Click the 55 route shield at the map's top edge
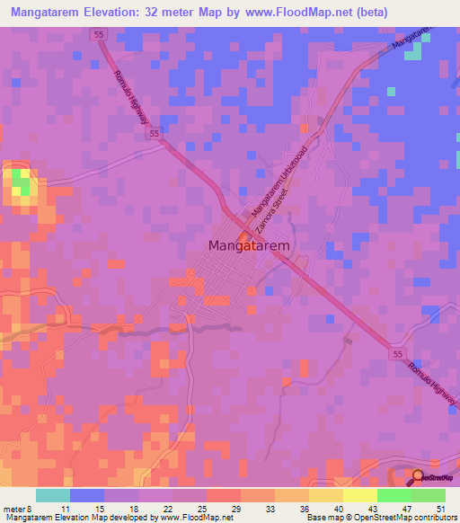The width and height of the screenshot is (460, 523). click(x=97, y=34)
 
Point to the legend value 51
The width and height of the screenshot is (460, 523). click(x=439, y=509)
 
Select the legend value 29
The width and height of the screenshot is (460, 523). click(x=235, y=509)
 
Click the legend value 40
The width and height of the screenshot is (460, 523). click(x=338, y=509)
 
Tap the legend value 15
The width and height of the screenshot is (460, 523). click(x=99, y=509)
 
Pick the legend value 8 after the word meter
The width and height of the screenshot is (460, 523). click(x=31, y=509)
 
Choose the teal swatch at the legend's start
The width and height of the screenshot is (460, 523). click(x=52, y=495)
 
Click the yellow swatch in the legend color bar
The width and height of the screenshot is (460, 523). click(x=359, y=495)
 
